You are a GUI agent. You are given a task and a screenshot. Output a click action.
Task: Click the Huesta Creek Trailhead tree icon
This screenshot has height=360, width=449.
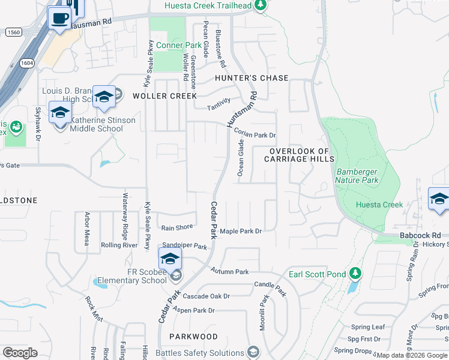pos(260,6)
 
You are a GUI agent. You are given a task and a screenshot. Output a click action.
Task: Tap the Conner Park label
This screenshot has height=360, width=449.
pos(179,46)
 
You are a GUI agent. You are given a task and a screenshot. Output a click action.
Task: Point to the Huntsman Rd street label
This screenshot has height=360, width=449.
pos(242,109)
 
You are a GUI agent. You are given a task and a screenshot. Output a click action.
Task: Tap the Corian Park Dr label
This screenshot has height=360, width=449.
pos(255,136)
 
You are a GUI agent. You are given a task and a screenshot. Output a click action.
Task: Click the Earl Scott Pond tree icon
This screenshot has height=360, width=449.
pos(355,274)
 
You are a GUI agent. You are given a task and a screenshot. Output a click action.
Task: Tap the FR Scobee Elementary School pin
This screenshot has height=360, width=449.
pos(170,259)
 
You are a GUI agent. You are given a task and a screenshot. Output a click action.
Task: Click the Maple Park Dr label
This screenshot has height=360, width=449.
pos(241,231)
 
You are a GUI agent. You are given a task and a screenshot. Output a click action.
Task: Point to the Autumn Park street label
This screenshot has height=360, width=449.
pos(229,272)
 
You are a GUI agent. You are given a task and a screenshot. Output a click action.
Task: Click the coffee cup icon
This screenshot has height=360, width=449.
pos(59,19)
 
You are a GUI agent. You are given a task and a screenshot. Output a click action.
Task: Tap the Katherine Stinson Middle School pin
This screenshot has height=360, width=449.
pos(60,113)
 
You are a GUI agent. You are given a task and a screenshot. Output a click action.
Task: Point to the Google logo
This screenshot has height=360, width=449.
pos(20,353)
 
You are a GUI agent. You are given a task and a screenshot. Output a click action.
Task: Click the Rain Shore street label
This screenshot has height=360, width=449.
pos(177,227)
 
